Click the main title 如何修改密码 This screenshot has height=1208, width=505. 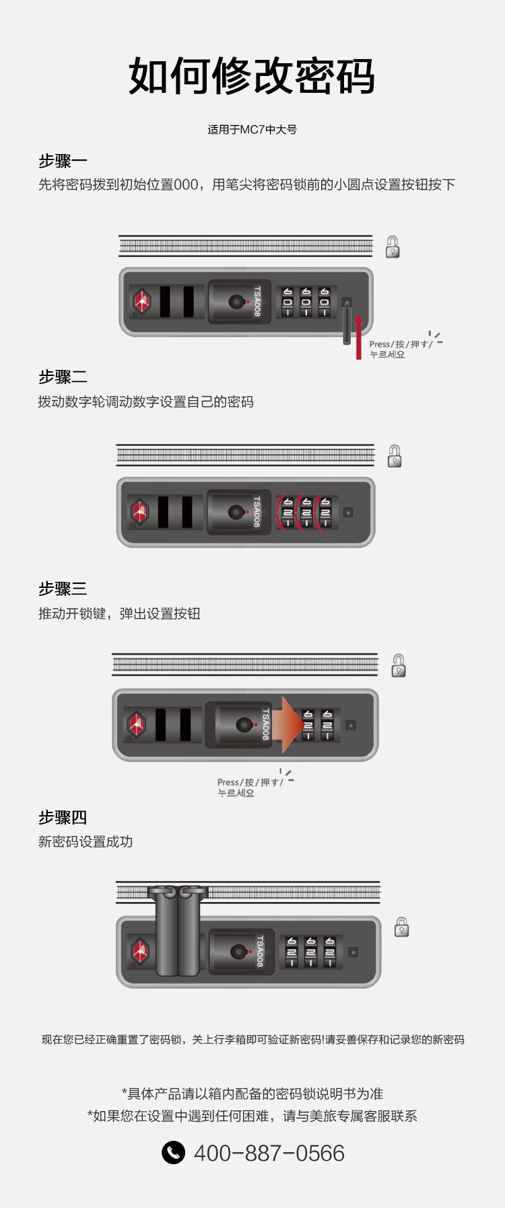[x=252, y=76]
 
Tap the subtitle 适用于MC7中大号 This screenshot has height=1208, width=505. [x=252, y=130]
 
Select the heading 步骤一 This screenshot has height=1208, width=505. [x=63, y=161]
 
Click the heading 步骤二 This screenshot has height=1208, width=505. [x=63, y=377]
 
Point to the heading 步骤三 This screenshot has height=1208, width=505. [x=63, y=589]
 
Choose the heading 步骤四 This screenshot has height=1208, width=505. [x=63, y=818]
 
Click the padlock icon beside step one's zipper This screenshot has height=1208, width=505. [x=393, y=247]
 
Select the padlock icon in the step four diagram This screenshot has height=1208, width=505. [x=401, y=927]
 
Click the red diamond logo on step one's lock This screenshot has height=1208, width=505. [x=141, y=301]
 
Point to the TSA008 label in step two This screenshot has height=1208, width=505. [x=257, y=512]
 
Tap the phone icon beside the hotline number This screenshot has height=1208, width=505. [x=173, y=1152]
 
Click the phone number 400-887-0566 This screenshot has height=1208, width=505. [x=269, y=1153]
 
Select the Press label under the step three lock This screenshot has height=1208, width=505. [x=248, y=788]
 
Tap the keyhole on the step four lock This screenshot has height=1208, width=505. [x=238, y=952]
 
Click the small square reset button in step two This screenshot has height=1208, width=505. [x=348, y=513]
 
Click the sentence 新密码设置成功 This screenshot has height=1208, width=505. [x=86, y=842]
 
